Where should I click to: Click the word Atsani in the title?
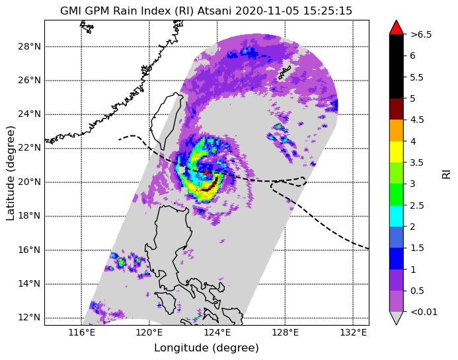[x=215, y=11]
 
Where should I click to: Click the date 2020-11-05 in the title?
[x=267, y=11]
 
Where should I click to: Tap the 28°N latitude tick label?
[x=29, y=46]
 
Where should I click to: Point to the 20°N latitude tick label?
[x=29, y=182]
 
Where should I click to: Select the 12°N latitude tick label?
[x=29, y=317]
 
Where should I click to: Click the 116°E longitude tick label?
[x=81, y=332]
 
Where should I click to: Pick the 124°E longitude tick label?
[x=217, y=332]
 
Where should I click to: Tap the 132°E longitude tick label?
[x=353, y=332]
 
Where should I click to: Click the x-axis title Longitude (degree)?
[x=206, y=348]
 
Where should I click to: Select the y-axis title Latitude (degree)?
[x=10, y=173]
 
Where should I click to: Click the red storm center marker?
[x=206, y=172]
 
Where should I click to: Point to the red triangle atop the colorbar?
[x=397, y=27]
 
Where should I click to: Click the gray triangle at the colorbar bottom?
[x=397, y=317]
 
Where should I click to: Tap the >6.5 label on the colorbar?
[x=421, y=34]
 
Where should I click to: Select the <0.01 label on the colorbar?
[x=424, y=312]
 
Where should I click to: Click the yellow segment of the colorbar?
[x=397, y=152]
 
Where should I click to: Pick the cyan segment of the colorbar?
[x=397, y=216]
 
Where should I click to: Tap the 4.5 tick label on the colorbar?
[x=417, y=120]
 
